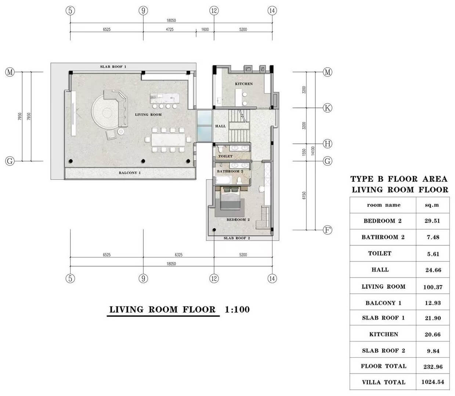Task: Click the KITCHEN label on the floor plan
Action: pos(244,84)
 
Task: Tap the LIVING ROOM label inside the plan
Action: pos(148,115)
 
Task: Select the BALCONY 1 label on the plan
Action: pos(130,173)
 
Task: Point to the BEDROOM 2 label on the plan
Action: pos(238,220)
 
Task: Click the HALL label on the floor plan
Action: pos(220,126)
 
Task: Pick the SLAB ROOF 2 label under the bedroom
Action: pos(237,238)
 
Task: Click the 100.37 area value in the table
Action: pos(433,287)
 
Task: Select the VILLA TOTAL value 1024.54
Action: pos(433,382)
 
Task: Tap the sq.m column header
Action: pos(432,205)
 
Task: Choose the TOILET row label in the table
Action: pos(380,253)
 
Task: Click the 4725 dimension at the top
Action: pos(169,29)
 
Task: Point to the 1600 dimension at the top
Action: pos(205,29)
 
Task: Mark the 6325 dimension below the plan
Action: pos(178,255)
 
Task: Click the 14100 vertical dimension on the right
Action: pos(313,150)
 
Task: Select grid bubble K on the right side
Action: pos(327,108)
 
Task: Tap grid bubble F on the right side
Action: pos(327,230)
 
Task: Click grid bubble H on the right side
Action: pos(327,144)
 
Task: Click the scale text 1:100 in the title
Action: pos(237,310)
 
